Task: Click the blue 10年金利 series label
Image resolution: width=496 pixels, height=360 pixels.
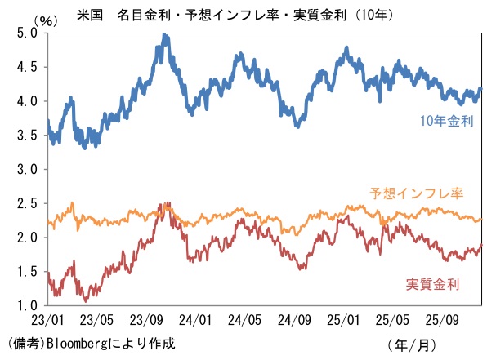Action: (447, 121)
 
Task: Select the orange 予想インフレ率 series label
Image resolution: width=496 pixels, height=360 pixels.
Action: (417, 193)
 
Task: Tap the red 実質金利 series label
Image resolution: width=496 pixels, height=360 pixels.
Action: (432, 284)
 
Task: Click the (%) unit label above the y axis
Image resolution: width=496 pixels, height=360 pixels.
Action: (42, 18)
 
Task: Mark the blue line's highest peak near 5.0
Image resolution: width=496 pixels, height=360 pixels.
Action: (165, 36)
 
